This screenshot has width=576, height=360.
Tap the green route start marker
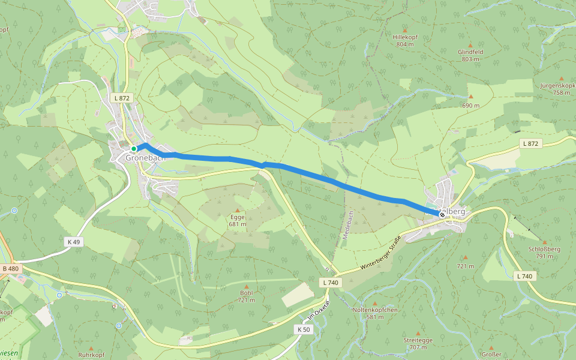click(x=134, y=148)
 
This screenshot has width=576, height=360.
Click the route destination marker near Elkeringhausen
click(x=442, y=215)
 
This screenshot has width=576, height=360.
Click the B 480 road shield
click(x=10, y=268)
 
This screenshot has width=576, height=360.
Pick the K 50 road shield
click(x=303, y=329)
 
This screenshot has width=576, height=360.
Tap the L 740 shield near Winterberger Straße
click(x=331, y=282)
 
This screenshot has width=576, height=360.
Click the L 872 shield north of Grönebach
click(x=121, y=97)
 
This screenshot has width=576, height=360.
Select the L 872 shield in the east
click(x=531, y=143)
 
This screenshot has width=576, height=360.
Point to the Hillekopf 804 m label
click(x=405, y=40)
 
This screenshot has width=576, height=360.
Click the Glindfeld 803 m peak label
click(x=470, y=55)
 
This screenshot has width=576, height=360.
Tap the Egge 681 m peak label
click(x=238, y=220)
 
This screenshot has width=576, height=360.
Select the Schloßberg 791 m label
click(x=544, y=252)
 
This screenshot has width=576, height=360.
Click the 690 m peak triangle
click(x=471, y=97)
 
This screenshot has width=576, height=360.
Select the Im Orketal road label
click(x=319, y=309)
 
